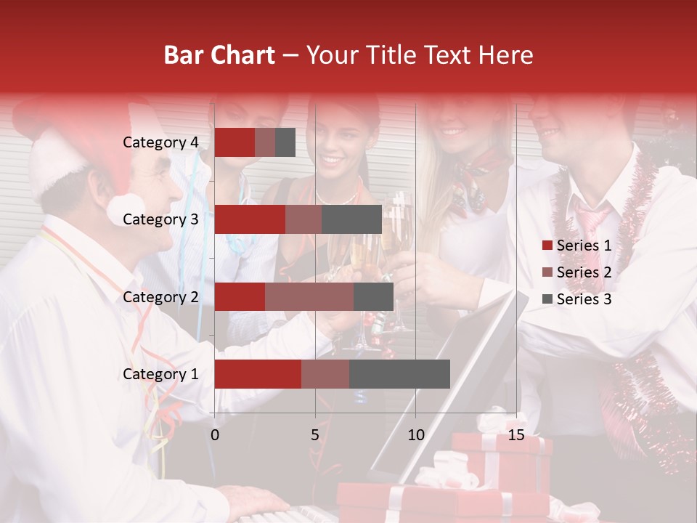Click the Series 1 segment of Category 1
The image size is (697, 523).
(x=258, y=374)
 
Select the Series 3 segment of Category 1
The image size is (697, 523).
(x=399, y=374)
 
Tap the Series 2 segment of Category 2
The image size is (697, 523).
(x=309, y=297)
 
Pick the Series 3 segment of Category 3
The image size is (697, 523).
(x=351, y=219)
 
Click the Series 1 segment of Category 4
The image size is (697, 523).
(x=235, y=142)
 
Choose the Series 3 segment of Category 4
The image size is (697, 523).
(x=285, y=142)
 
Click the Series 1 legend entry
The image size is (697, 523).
(x=576, y=246)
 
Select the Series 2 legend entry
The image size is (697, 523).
(x=576, y=272)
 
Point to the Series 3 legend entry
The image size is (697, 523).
(x=576, y=299)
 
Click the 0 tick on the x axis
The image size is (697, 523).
(x=215, y=435)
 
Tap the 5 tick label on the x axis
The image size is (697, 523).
(x=315, y=435)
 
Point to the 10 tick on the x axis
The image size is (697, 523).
(x=415, y=435)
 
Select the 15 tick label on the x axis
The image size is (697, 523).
(x=515, y=435)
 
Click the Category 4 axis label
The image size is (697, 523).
(x=160, y=142)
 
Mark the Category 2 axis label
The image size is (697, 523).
(x=160, y=297)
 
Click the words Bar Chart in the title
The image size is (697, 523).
(x=219, y=55)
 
